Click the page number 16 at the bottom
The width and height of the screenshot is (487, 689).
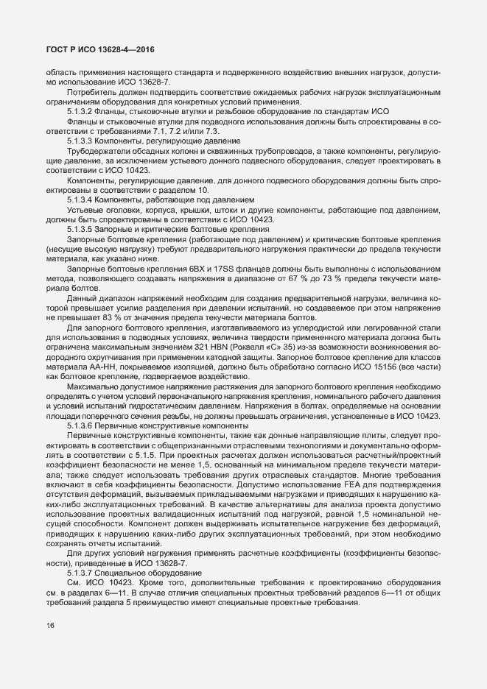click(50, 626)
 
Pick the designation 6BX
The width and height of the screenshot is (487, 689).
click(198, 269)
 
